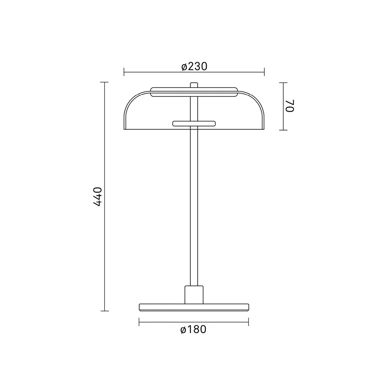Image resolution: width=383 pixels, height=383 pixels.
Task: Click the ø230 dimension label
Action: [194, 66]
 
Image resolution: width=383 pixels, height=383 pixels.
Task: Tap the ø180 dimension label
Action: [194, 329]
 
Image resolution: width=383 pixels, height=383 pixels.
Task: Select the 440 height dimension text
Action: [98, 197]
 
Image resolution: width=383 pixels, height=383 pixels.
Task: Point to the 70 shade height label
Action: [290, 106]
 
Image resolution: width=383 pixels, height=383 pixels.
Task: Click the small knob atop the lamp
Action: [194, 85]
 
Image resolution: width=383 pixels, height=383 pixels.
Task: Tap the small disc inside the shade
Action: [194, 123]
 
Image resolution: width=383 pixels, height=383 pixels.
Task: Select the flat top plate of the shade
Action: [194, 92]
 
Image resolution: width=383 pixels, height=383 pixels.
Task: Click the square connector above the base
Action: [194, 294]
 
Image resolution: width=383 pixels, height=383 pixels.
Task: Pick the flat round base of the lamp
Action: [194, 307]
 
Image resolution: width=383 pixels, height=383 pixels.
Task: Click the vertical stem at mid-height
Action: [194, 206]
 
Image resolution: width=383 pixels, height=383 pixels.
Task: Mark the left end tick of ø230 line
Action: [124, 72]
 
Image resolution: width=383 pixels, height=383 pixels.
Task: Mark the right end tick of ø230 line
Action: [264, 72]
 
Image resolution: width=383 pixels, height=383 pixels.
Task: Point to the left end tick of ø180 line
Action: [139, 322]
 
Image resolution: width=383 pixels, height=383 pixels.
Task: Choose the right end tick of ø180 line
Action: [249, 322]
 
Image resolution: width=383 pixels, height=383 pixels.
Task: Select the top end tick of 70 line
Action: [283, 82]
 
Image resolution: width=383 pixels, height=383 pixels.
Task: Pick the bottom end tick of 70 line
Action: [283, 130]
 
